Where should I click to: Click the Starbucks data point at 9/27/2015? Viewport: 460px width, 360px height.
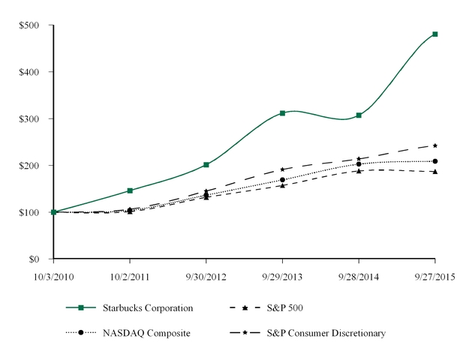(x=435, y=34)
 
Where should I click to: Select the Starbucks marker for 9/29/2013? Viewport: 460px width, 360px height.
(x=282, y=113)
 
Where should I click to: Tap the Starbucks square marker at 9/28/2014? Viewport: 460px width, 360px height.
(x=359, y=115)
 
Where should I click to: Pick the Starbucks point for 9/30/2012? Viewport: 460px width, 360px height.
(x=206, y=164)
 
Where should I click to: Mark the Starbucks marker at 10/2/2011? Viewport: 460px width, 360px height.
(x=130, y=190)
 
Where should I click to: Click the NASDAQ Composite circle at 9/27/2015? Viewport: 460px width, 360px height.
(x=435, y=161)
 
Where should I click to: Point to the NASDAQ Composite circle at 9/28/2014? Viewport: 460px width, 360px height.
(x=359, y=163)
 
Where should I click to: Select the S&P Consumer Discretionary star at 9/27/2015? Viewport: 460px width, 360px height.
(x=435, y=145)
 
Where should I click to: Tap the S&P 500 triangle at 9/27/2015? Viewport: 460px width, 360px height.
(x=435, y=172)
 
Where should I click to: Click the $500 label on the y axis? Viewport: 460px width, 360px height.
(x=29, y=25)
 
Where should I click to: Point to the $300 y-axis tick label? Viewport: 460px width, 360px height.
(x=29, y=118)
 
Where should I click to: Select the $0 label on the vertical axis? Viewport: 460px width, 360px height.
(x=35, y=259)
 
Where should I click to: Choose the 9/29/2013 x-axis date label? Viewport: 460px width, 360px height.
(x=282, y=275)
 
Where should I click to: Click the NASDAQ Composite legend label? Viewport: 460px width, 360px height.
(x=148, y=332)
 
